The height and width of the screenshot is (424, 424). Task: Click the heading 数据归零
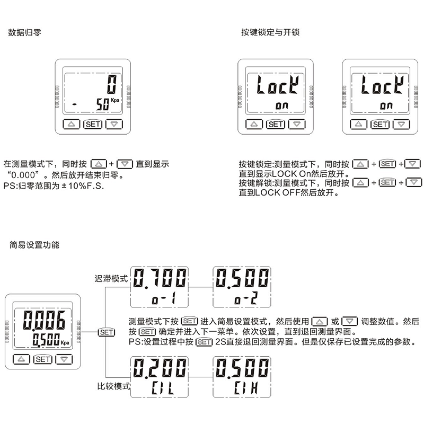[25, 32]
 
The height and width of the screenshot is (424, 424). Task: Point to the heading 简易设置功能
[34, 245]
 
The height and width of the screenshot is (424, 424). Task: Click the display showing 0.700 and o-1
[161, 287]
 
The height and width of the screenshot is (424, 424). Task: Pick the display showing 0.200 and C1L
[161, 377]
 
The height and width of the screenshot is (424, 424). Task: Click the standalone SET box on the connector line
[106, 332]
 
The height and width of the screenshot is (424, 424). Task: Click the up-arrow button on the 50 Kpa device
[70, 125]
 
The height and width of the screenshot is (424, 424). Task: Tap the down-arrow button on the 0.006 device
[64, 359]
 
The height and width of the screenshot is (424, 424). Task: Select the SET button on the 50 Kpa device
[93, 125]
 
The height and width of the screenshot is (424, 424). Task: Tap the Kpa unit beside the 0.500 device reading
[65, 343]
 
